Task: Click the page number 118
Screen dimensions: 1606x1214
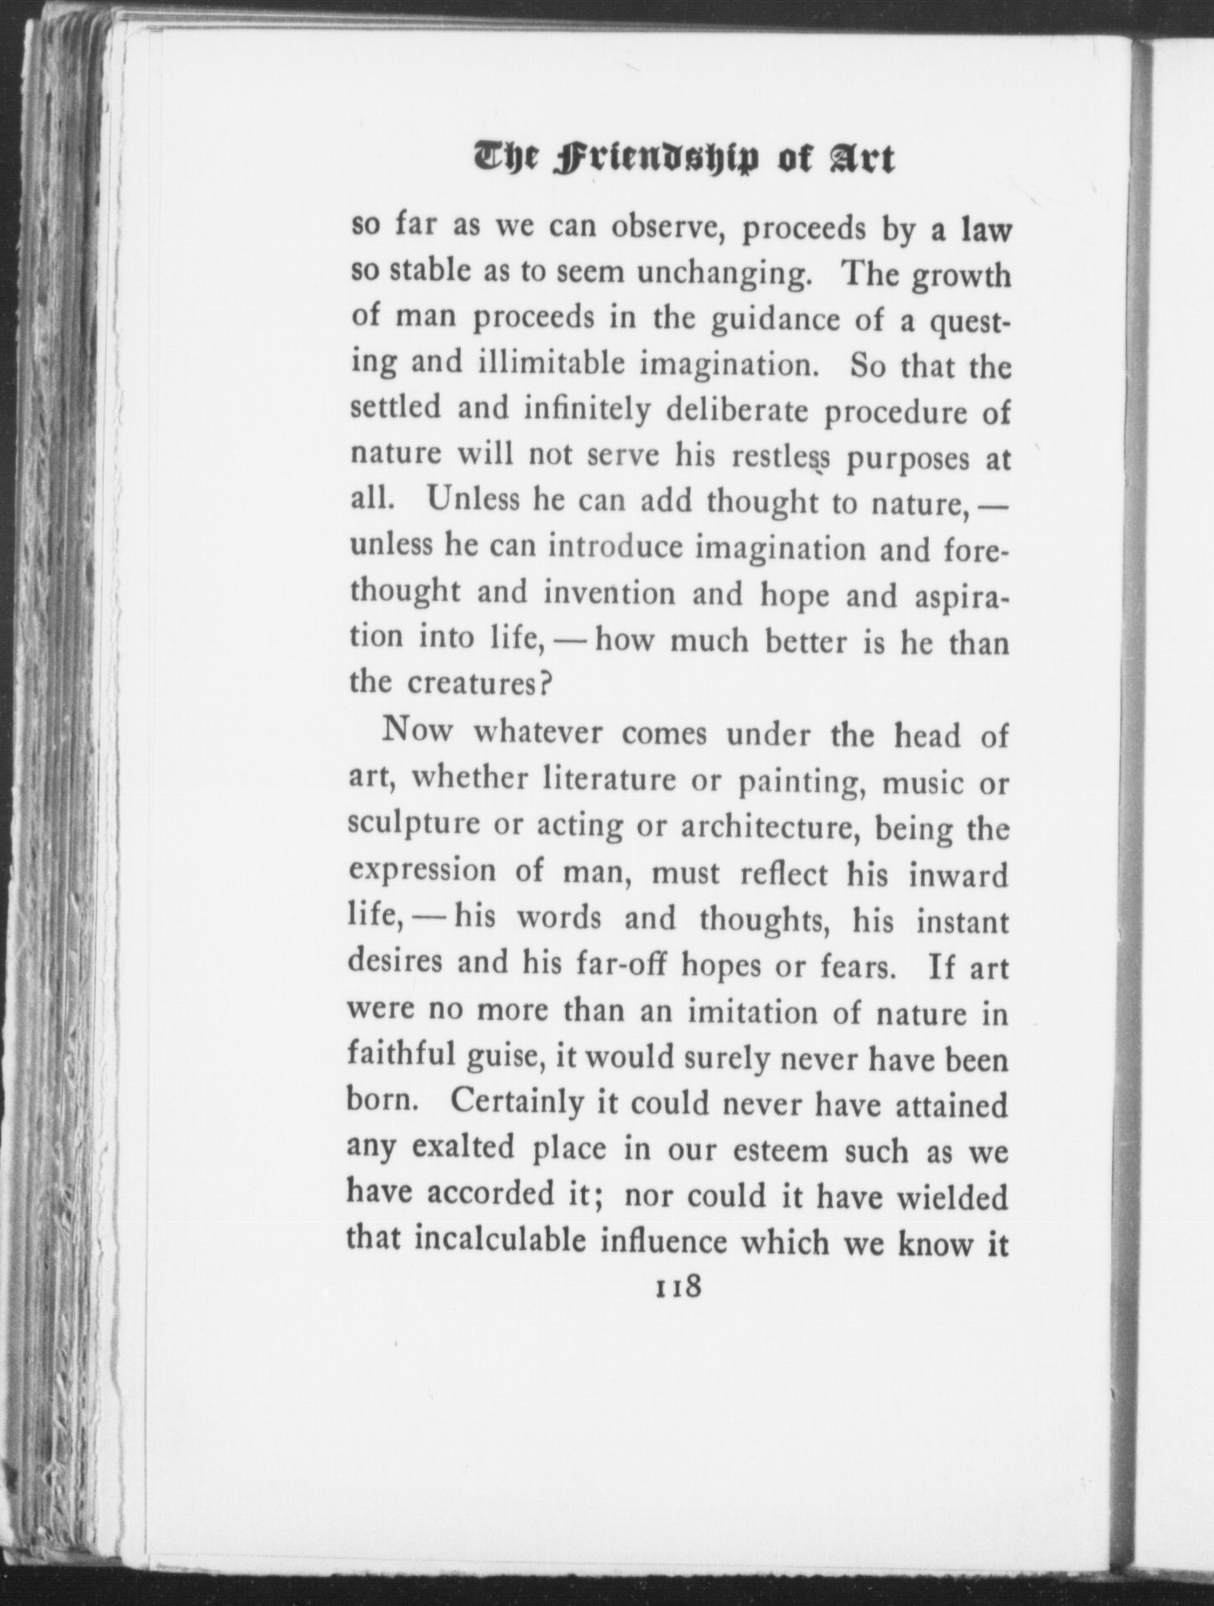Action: click(676, 1287)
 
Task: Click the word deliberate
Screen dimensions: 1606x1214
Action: click(737, 410)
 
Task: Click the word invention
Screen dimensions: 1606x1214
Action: click(609, 593)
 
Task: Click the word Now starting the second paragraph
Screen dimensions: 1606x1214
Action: click(416, 730)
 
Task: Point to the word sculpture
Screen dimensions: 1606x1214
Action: click(414, 825)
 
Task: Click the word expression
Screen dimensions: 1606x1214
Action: click(422, 871)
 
